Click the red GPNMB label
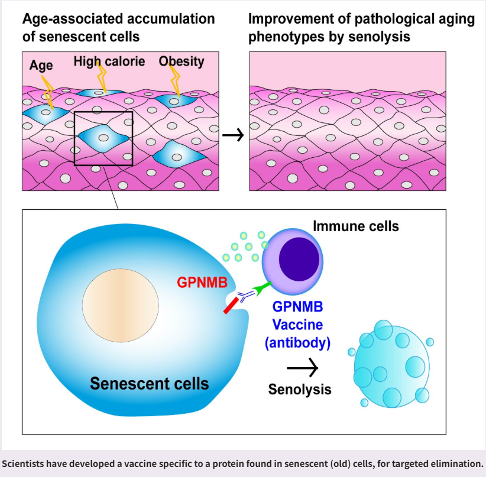200,283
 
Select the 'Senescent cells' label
149,383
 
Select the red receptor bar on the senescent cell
229,304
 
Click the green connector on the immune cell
261,289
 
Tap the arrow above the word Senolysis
302,367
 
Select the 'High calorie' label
109,61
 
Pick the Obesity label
182,61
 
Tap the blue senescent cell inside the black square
103,137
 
